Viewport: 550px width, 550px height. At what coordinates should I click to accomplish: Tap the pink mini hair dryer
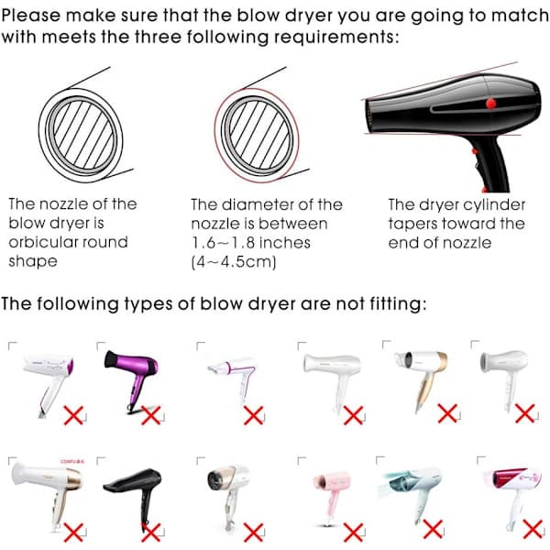[x=332, y=491]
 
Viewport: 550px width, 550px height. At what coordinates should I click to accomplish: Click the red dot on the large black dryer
[x=490, y=103]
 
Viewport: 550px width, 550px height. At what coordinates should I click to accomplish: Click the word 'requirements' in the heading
[x=336, y=37]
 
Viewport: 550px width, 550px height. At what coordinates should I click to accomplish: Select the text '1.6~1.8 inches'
[x=251, y=243]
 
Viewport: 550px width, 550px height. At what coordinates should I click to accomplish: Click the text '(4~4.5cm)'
[x=234, y=262]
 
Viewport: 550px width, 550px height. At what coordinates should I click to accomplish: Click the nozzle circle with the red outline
[x=257, y=135]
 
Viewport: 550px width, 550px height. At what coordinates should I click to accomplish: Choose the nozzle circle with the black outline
[x=81, y=135]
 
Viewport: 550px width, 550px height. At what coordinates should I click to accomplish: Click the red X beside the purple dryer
[x=151, y=415]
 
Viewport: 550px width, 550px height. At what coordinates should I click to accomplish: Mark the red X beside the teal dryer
[x=433, y=529]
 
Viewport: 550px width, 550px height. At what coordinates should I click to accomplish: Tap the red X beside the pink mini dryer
[x=353, y=532]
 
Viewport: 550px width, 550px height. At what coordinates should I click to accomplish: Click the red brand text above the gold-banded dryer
[x=72, y=461]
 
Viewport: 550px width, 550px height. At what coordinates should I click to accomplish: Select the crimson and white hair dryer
[x=512, y=491]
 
